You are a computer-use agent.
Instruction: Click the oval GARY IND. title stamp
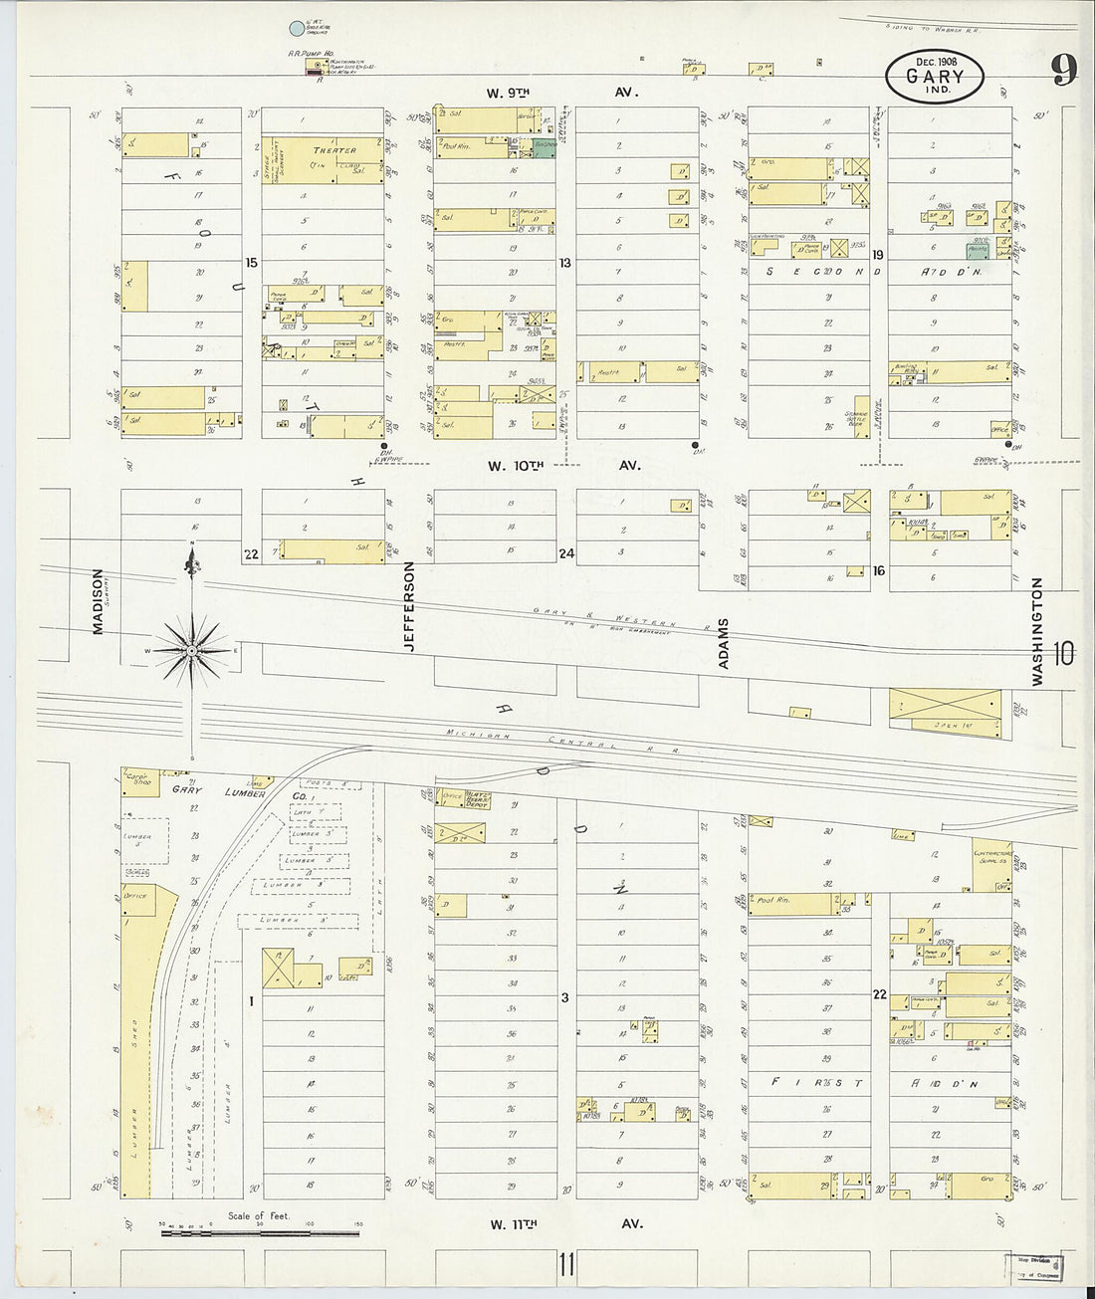coord(934,76)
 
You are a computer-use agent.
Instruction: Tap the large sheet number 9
coord(1063,71)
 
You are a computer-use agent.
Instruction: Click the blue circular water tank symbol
coord(296,32)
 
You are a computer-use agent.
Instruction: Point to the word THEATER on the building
coord(334,150)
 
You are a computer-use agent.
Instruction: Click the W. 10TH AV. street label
coord(563,465)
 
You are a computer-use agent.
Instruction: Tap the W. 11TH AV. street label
coord(563,1224)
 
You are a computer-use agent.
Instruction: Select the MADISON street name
coord(98,601)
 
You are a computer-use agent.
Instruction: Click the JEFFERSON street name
coord(408,607)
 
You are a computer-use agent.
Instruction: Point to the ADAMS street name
coord(724,643)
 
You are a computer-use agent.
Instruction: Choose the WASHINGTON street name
coord(1037,632)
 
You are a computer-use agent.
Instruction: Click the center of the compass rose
coord(191,650)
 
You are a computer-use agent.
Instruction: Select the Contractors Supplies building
coord(991,865)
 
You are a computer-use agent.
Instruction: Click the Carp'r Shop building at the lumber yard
coord(137,778)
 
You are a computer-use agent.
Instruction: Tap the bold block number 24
coord(566,553)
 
